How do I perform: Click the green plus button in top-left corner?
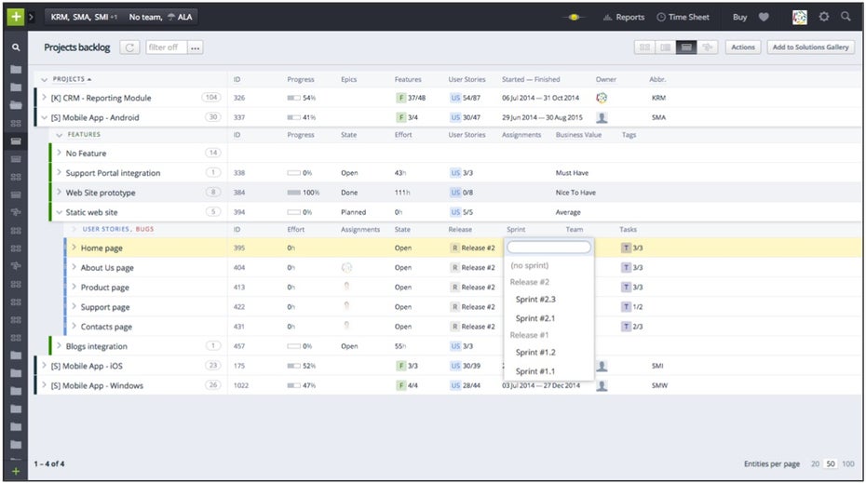[x=15, y=17]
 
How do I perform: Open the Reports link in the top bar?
[x=629, y=17]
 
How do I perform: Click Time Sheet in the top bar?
[x=688, y=17]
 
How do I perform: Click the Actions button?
[x=742, y=47]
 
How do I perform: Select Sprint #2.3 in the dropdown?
[x=535, y=300]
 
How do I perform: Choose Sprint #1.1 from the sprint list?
[x=535, y=371]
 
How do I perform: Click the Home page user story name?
[x=101, y=248]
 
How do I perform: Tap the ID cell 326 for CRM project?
[x=239, y=98]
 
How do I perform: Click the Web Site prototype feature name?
[x=101, y=193]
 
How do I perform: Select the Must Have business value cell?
[x=573, y=173]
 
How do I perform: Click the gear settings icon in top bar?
[x=823, y=17]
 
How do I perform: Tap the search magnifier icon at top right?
[x=846, y=17]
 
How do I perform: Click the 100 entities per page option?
[x=847, y=463]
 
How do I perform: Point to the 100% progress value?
[x=311, y=193]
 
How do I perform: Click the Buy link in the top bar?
[x=739, y=17]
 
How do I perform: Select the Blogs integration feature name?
[x=97, y=346]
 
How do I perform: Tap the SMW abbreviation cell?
[x=659, y=385]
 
